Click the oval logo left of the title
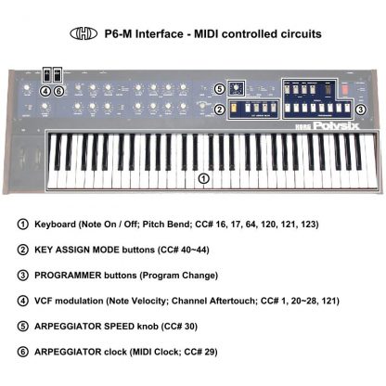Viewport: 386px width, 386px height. (84, 33)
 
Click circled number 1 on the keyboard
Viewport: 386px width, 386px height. (203, 178)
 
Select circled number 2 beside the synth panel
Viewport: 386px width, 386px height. (220, 109)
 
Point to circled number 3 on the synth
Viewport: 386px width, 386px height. (360, 109)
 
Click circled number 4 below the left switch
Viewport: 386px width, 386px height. (45, 91)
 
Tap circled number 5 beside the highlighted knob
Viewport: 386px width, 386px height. (219, 89)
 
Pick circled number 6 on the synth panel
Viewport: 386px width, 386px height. (58, 91)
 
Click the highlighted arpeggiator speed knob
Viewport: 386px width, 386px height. (237, 88)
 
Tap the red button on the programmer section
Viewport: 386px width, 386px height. (345, 89)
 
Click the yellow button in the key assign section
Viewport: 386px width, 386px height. (234, 108)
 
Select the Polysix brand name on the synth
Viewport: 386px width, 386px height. (336, 125)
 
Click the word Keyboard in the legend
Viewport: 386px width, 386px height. (55, 225)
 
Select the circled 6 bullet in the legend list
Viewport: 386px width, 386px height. (22, 352)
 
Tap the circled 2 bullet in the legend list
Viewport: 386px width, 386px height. (22, 250)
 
